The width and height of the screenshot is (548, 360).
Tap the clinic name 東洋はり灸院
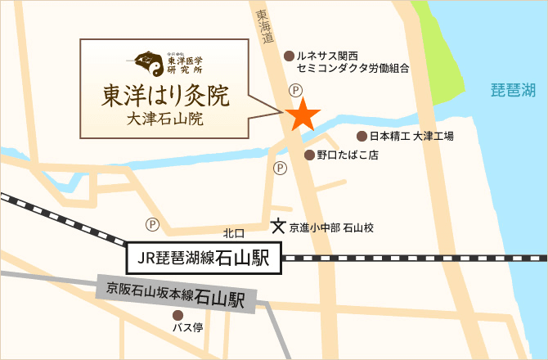click(x=165, y=96)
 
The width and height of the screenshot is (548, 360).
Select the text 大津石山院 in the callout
click(x=165, y=119)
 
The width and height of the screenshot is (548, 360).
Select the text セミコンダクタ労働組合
click(x=353, y=70)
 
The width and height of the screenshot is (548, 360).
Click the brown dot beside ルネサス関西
click(x=288, y=56)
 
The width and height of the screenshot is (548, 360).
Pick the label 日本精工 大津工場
click(x=411, y=136)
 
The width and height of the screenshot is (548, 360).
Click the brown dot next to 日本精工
click(x=362, y=136)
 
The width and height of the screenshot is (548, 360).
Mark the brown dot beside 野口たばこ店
click(x=308, y=155)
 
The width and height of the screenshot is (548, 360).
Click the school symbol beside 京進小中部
click(x=279, y=225)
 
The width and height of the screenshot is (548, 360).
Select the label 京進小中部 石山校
click(x=331, y=227)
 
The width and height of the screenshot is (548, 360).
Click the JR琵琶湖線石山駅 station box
click(x=204, y=259)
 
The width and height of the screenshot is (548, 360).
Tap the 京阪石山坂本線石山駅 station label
click(x=176, y=294)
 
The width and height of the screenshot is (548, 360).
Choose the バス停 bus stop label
click(x=187, y=328)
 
